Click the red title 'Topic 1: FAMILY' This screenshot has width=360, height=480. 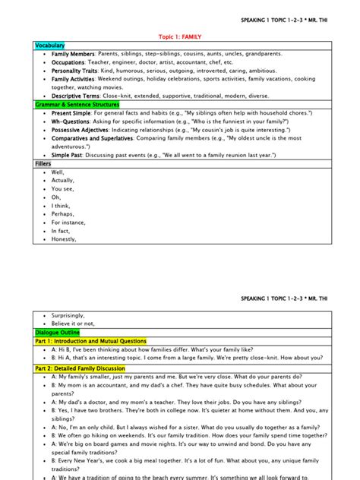pyautogui.click(x=180, y=36)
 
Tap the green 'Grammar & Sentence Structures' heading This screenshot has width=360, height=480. pyautogui.click(x=76, y=104)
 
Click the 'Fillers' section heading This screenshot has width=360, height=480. pyautogui.click(x=43, y=163)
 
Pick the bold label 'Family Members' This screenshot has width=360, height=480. pyautogui.click(x=74, y=54)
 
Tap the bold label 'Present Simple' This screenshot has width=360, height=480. pyautogui.click(x=72, y=112)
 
